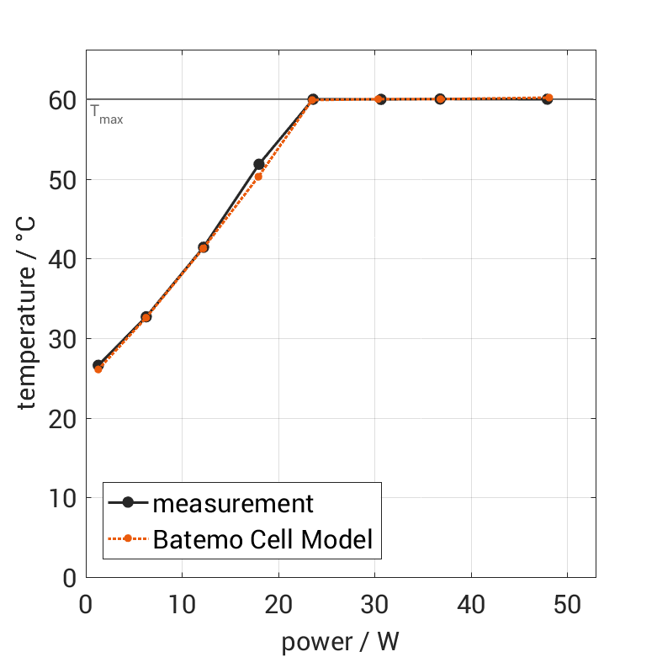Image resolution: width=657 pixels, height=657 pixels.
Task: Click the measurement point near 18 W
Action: (x=258, y=164)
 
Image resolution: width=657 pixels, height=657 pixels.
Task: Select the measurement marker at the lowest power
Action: (x=98, y=365)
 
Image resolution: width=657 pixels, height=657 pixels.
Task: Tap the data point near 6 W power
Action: (x=146, y=317)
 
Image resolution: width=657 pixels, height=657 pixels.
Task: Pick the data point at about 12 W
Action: (x=203, y=247)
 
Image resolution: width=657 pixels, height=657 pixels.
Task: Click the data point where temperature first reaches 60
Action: (x=313, y=99)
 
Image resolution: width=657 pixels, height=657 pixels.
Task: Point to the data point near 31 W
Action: (x=380, y=99)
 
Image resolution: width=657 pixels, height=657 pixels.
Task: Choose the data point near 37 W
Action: (x=440, y=99)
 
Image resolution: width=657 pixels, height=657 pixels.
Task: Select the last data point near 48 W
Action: (x=548, y=98)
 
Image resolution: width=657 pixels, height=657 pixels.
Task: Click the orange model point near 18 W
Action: (x=258, y=177)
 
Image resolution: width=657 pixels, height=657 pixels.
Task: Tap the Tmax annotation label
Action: (x=107, y=115)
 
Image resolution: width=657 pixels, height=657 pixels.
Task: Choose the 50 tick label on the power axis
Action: (x=567, y=606)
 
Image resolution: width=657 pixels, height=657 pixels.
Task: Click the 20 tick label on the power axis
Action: (x=278, y=606)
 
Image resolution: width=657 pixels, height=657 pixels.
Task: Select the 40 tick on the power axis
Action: (x=471, y=606)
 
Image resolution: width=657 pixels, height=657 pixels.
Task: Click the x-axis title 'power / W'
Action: (x=340, y=641)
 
